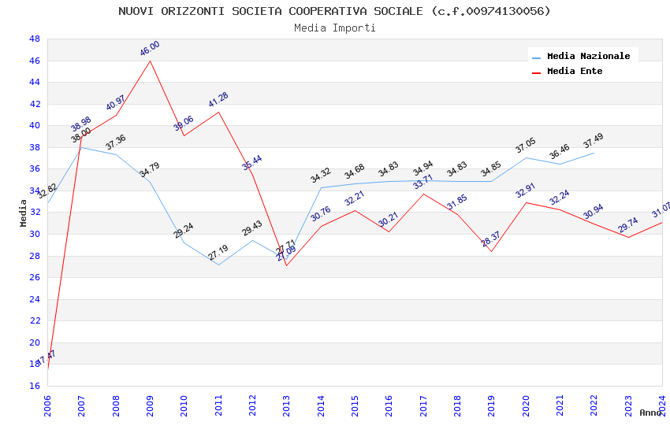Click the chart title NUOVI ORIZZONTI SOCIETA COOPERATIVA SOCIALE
pos(334,11)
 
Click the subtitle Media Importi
pos(334,28)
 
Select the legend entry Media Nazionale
pos(588,56)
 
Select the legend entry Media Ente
pos(575,71)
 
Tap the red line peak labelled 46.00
pos(150,61)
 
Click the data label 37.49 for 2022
pos(594,142)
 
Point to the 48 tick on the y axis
pos(35,39)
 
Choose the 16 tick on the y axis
pos(35,386)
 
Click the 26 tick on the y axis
pos(35,277)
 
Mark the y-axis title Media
pos(24,213)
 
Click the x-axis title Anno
pos(650,413)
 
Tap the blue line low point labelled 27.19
pos(218,265)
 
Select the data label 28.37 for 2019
pos(491,239)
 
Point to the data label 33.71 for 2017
pos(423,183)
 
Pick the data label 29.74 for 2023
pos(628,226)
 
